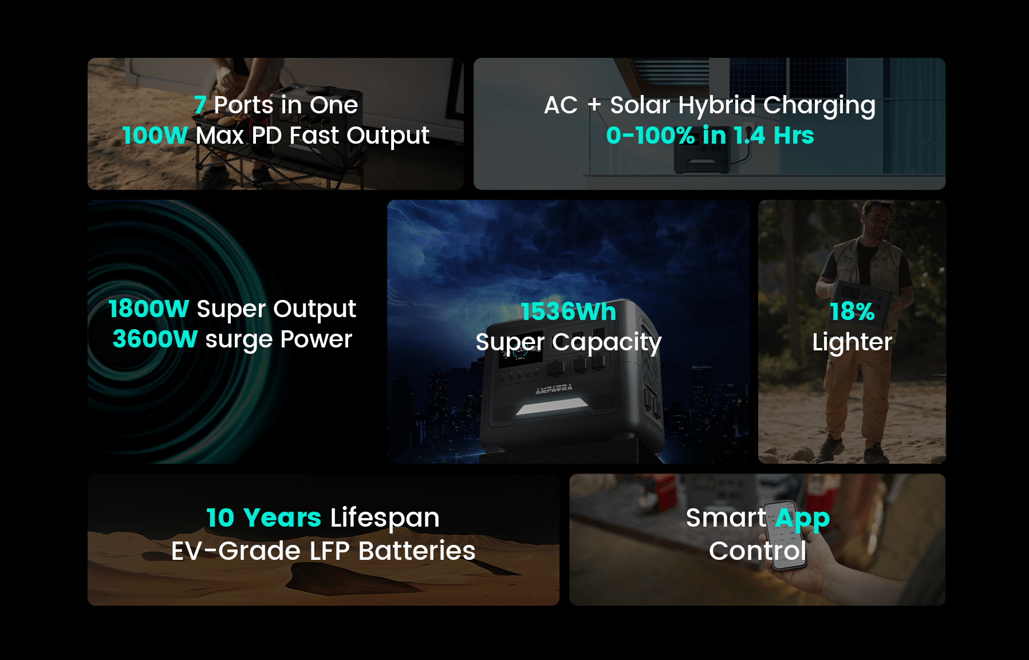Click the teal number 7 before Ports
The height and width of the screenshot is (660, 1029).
tap(199, 105)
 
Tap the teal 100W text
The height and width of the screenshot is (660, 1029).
tap(155, 136)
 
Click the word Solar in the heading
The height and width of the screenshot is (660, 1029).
tap(640, 105)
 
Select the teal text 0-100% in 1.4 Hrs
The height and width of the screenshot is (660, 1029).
tap(710, 136)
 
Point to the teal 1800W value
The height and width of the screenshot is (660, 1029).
tap(148, 309)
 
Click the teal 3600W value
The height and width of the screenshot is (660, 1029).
tap(155, 339)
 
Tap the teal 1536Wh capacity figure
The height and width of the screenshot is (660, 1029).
tap(568, 312)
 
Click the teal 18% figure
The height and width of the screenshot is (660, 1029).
tap(852, 312)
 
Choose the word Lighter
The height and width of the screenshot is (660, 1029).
tap(852, 343)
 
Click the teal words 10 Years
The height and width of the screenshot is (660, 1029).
tap(263, 518)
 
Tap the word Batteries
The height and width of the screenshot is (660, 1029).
tap(417, 551)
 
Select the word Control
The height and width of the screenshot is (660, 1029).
tap(758, 551)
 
